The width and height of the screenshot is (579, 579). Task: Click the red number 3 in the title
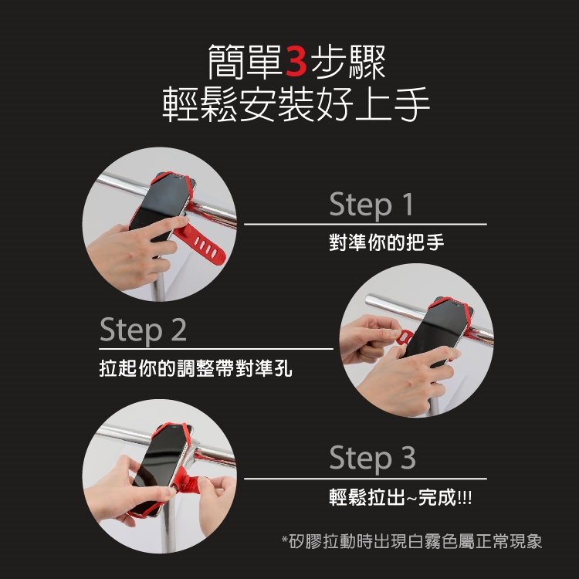tap(296, 61)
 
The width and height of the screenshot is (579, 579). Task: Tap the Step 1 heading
tap(371, 204)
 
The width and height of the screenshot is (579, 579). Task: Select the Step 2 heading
tap(143, 330)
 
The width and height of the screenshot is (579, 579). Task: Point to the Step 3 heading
tap(372, 458)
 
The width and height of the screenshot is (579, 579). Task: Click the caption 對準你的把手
tap(387, 242)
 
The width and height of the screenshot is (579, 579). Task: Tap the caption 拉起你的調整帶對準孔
tap(196, 367)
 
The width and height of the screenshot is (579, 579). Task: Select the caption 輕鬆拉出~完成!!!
tap(400, 497)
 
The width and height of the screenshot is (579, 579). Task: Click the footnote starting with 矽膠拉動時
tap(411, 541)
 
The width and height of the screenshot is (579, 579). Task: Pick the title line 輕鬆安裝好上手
tap(296, 104)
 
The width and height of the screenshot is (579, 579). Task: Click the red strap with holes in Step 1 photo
tap(202, 244)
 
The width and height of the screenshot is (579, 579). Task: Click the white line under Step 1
tap(366, 224)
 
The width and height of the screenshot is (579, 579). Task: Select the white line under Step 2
tap(216, 349)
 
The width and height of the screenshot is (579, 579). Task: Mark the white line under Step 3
tap(366, 479)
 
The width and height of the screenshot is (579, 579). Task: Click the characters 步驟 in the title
tap(348, 61)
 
